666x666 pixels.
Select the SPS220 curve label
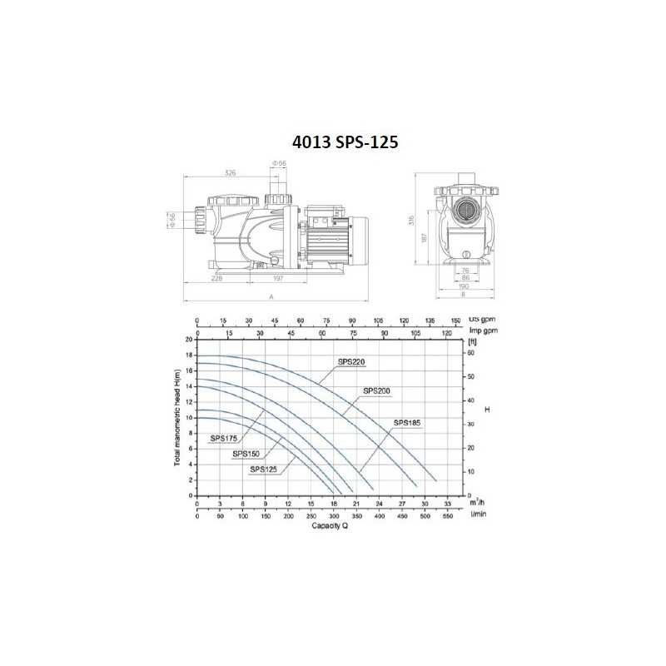coord(351,361)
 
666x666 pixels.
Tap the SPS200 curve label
coord(376,390)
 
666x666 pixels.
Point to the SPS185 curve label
coord(407,423)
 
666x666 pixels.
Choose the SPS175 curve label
coord(224,438)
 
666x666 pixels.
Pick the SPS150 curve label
coord(246,454)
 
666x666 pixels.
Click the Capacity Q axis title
coord(330,526)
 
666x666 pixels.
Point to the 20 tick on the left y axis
coord(188,340)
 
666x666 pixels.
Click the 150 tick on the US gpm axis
coord(455,321)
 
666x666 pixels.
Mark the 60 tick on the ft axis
coord(471,353)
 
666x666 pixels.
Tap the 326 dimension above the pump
coord(230,173)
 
